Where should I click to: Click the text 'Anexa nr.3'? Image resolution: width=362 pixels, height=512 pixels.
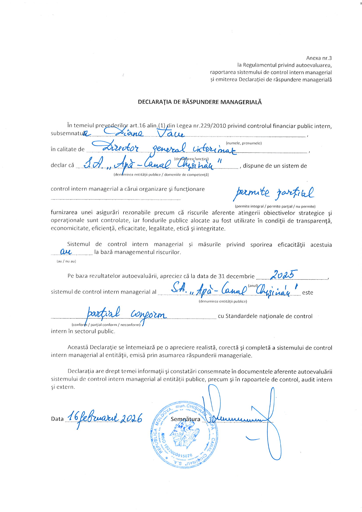tap(319, 58)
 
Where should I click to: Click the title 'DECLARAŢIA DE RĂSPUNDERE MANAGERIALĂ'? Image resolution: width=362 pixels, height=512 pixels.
tap(200, 102)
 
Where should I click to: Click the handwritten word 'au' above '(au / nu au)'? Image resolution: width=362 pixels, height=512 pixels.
tap(66, 252)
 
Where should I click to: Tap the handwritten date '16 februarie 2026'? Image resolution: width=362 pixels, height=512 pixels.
tap(104, 418)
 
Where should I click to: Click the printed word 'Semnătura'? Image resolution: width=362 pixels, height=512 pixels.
tap(185, 419)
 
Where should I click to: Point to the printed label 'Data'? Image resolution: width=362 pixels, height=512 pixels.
tap(57, 419)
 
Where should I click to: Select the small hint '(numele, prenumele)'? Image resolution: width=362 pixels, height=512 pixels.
tap(244, 143)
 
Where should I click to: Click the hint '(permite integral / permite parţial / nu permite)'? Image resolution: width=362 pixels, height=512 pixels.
tap(275, 206)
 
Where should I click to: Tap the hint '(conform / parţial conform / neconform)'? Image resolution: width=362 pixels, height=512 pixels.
tap(106, 325)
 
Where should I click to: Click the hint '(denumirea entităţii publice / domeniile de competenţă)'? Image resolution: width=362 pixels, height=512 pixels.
tap(161, 175)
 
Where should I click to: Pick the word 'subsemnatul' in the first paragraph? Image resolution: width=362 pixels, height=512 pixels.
tap(67, 133)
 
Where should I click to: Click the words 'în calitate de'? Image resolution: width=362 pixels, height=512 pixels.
tap(68, 149)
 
